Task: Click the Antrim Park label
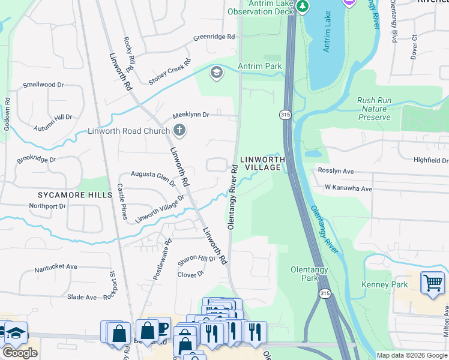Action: pyautogui.click(x=260, y=65)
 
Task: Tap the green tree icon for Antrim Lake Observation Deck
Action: pyautogui.click(x=303, y=7)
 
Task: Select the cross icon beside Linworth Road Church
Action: pyautogui.click(x=179, y=130)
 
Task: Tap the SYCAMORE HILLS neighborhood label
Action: pyautogui.click(x=75, y=195)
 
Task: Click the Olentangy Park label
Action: pyautogui.click(x=309, y=274)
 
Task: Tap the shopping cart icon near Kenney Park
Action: pyautogui.click(x=432, y=283)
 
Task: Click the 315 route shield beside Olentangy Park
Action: pyautogui.click(x=325, y=293)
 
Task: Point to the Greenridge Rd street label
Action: pyautogui.click(x=214, y=37)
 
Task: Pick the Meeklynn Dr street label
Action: pyautogui.click(x=190, y=115)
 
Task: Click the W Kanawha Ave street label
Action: pyautogui.click(x=348, y=188)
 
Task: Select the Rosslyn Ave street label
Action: pyautogui.click(x=334, y=171)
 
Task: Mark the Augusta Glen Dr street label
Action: pyautogui.click(x=153, y=175)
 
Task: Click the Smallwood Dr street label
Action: pyautogui.click(x=43, y=85)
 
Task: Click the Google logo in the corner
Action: pyautogui.click(x=20, y=353)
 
